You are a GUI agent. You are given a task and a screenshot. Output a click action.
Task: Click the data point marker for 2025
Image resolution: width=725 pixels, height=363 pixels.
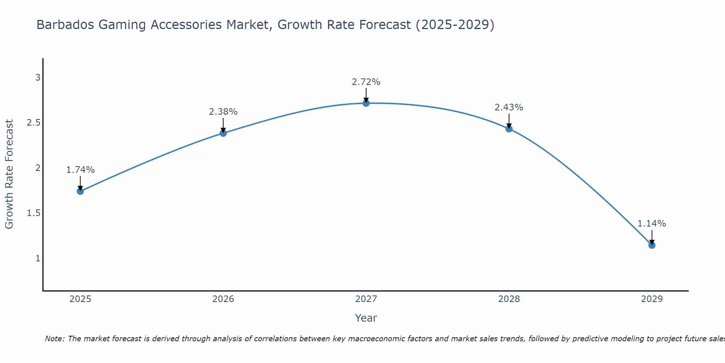click(x=80, y=191)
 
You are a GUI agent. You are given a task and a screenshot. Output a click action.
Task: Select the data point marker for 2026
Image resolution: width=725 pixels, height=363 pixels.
click(x=223, y=133)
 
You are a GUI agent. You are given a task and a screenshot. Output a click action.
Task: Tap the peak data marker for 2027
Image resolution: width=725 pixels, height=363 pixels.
click(x=366, y=103)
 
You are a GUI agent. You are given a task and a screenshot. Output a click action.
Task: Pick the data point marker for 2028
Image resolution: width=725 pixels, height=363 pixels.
click(x=509, y=129)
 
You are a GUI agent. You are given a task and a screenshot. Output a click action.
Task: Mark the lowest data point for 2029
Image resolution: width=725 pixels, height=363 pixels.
click(x=652, y=245)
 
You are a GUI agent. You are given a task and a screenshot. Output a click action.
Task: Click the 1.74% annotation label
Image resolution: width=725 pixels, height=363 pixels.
click(x=80, y=170)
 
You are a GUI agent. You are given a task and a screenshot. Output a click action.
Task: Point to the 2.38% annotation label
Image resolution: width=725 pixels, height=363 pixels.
click(x=223, y=112)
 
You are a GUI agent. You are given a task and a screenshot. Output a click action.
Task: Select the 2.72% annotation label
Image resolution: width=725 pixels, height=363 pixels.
click(x=366, y=82)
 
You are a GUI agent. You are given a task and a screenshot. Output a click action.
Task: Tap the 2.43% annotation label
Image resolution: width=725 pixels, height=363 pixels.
click(x=509, y=107)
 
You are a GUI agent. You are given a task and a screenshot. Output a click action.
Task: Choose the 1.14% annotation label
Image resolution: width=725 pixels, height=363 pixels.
click(x=652, y=224)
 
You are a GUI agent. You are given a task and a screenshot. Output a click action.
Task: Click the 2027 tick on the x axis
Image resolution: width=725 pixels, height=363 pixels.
click(x=366, y=299)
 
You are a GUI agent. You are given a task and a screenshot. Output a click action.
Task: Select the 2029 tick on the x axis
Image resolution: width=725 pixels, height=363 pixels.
click(x=652, y=299)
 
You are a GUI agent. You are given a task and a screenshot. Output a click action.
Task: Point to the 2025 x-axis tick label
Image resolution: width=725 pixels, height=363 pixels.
click(x=80, y=299)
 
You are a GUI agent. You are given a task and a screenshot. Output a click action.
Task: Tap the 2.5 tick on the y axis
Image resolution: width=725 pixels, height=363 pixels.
click(x=33, y=123)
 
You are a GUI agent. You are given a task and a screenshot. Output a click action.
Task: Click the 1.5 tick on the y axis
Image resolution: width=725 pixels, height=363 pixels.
click(x=33, y=213)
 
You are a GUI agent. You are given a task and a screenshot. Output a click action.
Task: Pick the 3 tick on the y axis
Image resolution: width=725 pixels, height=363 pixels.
click(x=37, y=78)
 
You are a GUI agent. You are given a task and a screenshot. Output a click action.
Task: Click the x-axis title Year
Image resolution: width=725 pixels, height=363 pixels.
click(x=366, y=318)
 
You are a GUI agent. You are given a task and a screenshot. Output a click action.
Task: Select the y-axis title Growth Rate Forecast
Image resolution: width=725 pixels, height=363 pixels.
click(x=9, y=174)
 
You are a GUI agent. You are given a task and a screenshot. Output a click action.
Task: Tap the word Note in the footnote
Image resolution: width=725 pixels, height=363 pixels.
click(x=54, y=339)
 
